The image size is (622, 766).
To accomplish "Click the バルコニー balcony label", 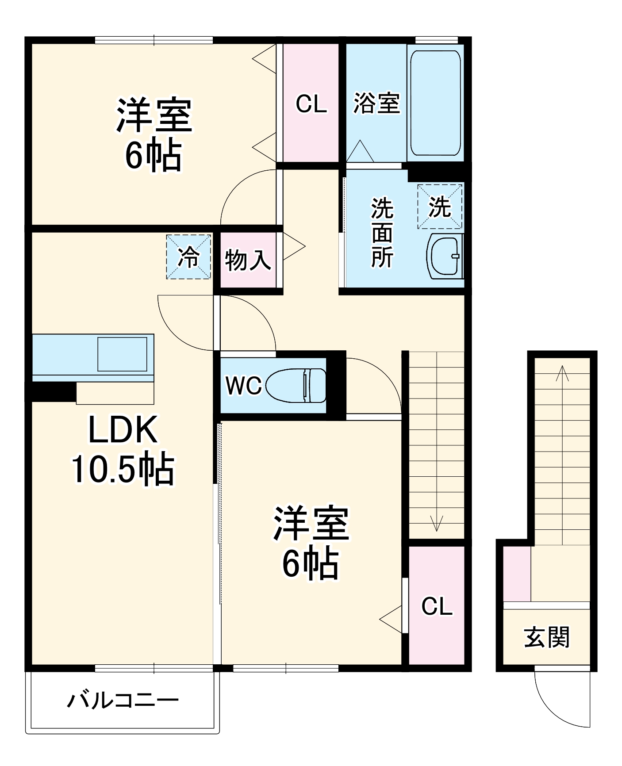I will (123, 700).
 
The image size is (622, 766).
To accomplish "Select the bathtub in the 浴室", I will (435, 103).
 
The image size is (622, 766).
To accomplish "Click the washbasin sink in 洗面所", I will (445, 257).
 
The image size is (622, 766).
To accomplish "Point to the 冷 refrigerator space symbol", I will (188, 257).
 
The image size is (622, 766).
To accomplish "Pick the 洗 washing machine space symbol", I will (440, 207).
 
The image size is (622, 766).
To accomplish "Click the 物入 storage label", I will (248, 260).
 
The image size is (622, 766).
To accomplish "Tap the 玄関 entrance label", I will (547, 637).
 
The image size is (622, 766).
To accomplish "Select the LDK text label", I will (123, 430).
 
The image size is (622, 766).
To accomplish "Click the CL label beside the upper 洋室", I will (311, 104).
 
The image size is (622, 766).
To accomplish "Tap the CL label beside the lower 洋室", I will (437, 606).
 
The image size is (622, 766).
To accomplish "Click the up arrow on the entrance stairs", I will (562, 374).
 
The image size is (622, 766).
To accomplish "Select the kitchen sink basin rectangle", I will (122, 354).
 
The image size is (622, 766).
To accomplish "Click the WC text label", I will (243, 386).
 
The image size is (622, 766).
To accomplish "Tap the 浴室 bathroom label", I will (376, 103).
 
